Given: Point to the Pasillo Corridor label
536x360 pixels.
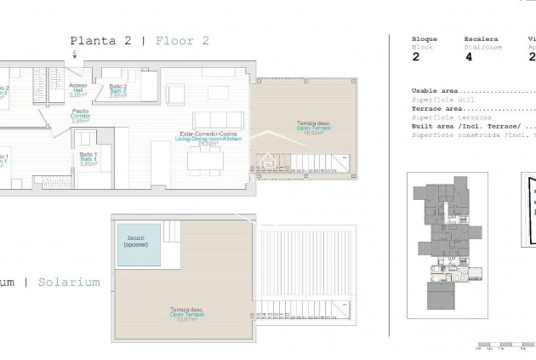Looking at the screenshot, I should [x=80, y=116].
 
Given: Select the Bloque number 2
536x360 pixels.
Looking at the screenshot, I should [x=415, y=58].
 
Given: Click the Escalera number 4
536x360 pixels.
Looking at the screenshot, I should [x=468, y=58].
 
